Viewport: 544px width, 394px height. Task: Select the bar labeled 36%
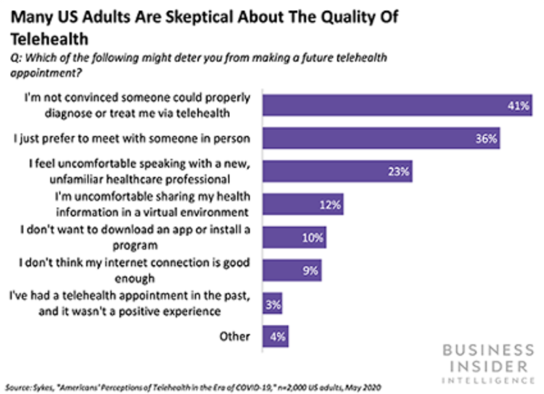click(x=381, y=139)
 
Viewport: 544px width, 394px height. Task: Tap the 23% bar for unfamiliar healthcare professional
click(x=337, y=171)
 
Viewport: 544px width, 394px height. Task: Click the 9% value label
click(x=310, y=270)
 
